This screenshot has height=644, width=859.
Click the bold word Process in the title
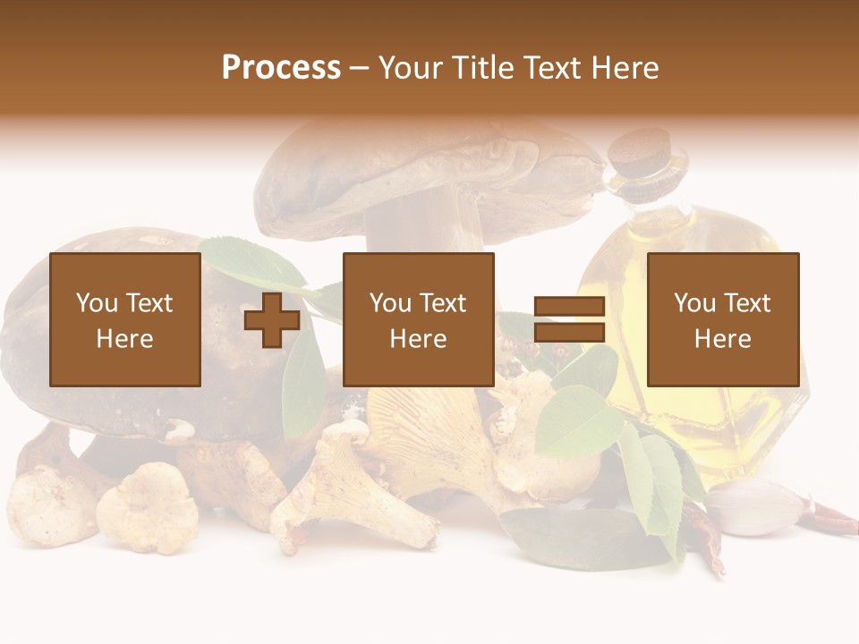click(x=281, y=68)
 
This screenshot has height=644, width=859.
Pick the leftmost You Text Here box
click(x=125, y=319)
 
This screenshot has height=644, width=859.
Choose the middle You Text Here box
click(x=419, y=319)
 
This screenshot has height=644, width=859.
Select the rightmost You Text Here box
click(x=723, y=319)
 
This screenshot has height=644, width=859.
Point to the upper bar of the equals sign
click(x=569, y=307)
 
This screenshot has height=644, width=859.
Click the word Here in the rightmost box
click(x=723, y=339)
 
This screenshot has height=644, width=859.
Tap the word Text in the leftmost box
click(x=149, y=303)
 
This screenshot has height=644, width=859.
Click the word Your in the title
click(x=412, y=68)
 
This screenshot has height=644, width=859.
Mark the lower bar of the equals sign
click(x=569, y=333)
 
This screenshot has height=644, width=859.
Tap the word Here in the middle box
click(x=419, y=339)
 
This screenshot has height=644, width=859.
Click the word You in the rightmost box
click(x=694, y=303)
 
